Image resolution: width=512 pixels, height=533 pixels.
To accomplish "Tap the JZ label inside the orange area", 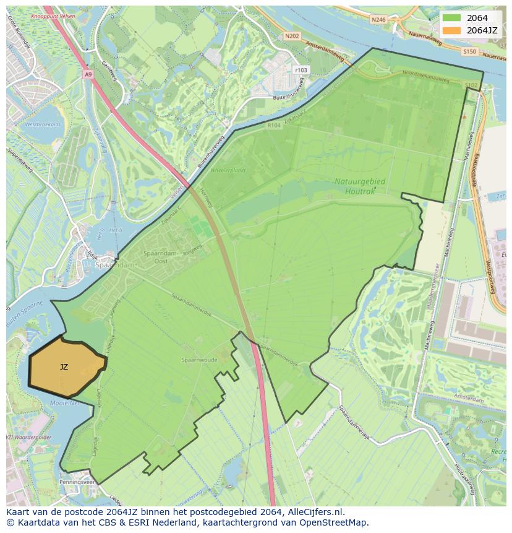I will pos(64,367).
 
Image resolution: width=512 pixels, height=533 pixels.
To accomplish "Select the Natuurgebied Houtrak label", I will pos(360,186).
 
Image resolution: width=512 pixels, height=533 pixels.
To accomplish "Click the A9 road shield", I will pos(88,74).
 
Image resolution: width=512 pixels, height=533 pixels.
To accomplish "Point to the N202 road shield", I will pos(292,37).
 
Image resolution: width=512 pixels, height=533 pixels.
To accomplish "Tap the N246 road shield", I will pos(378,20).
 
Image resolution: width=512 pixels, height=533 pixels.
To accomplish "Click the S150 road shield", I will pos(469,51).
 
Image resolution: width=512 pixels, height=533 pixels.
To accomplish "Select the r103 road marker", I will pos(301,70).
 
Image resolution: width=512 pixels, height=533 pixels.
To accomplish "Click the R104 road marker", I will pos(274,125).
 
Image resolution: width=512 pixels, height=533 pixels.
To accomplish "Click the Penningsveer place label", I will pos(77,481).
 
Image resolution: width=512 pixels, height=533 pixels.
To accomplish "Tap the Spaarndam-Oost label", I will pos(160,258).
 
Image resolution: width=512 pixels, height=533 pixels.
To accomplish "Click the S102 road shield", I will pos(471,85).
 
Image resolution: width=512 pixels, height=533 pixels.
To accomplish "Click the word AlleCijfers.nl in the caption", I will pos(314,513).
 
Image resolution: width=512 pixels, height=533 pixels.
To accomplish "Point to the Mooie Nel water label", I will pos(66,402).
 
